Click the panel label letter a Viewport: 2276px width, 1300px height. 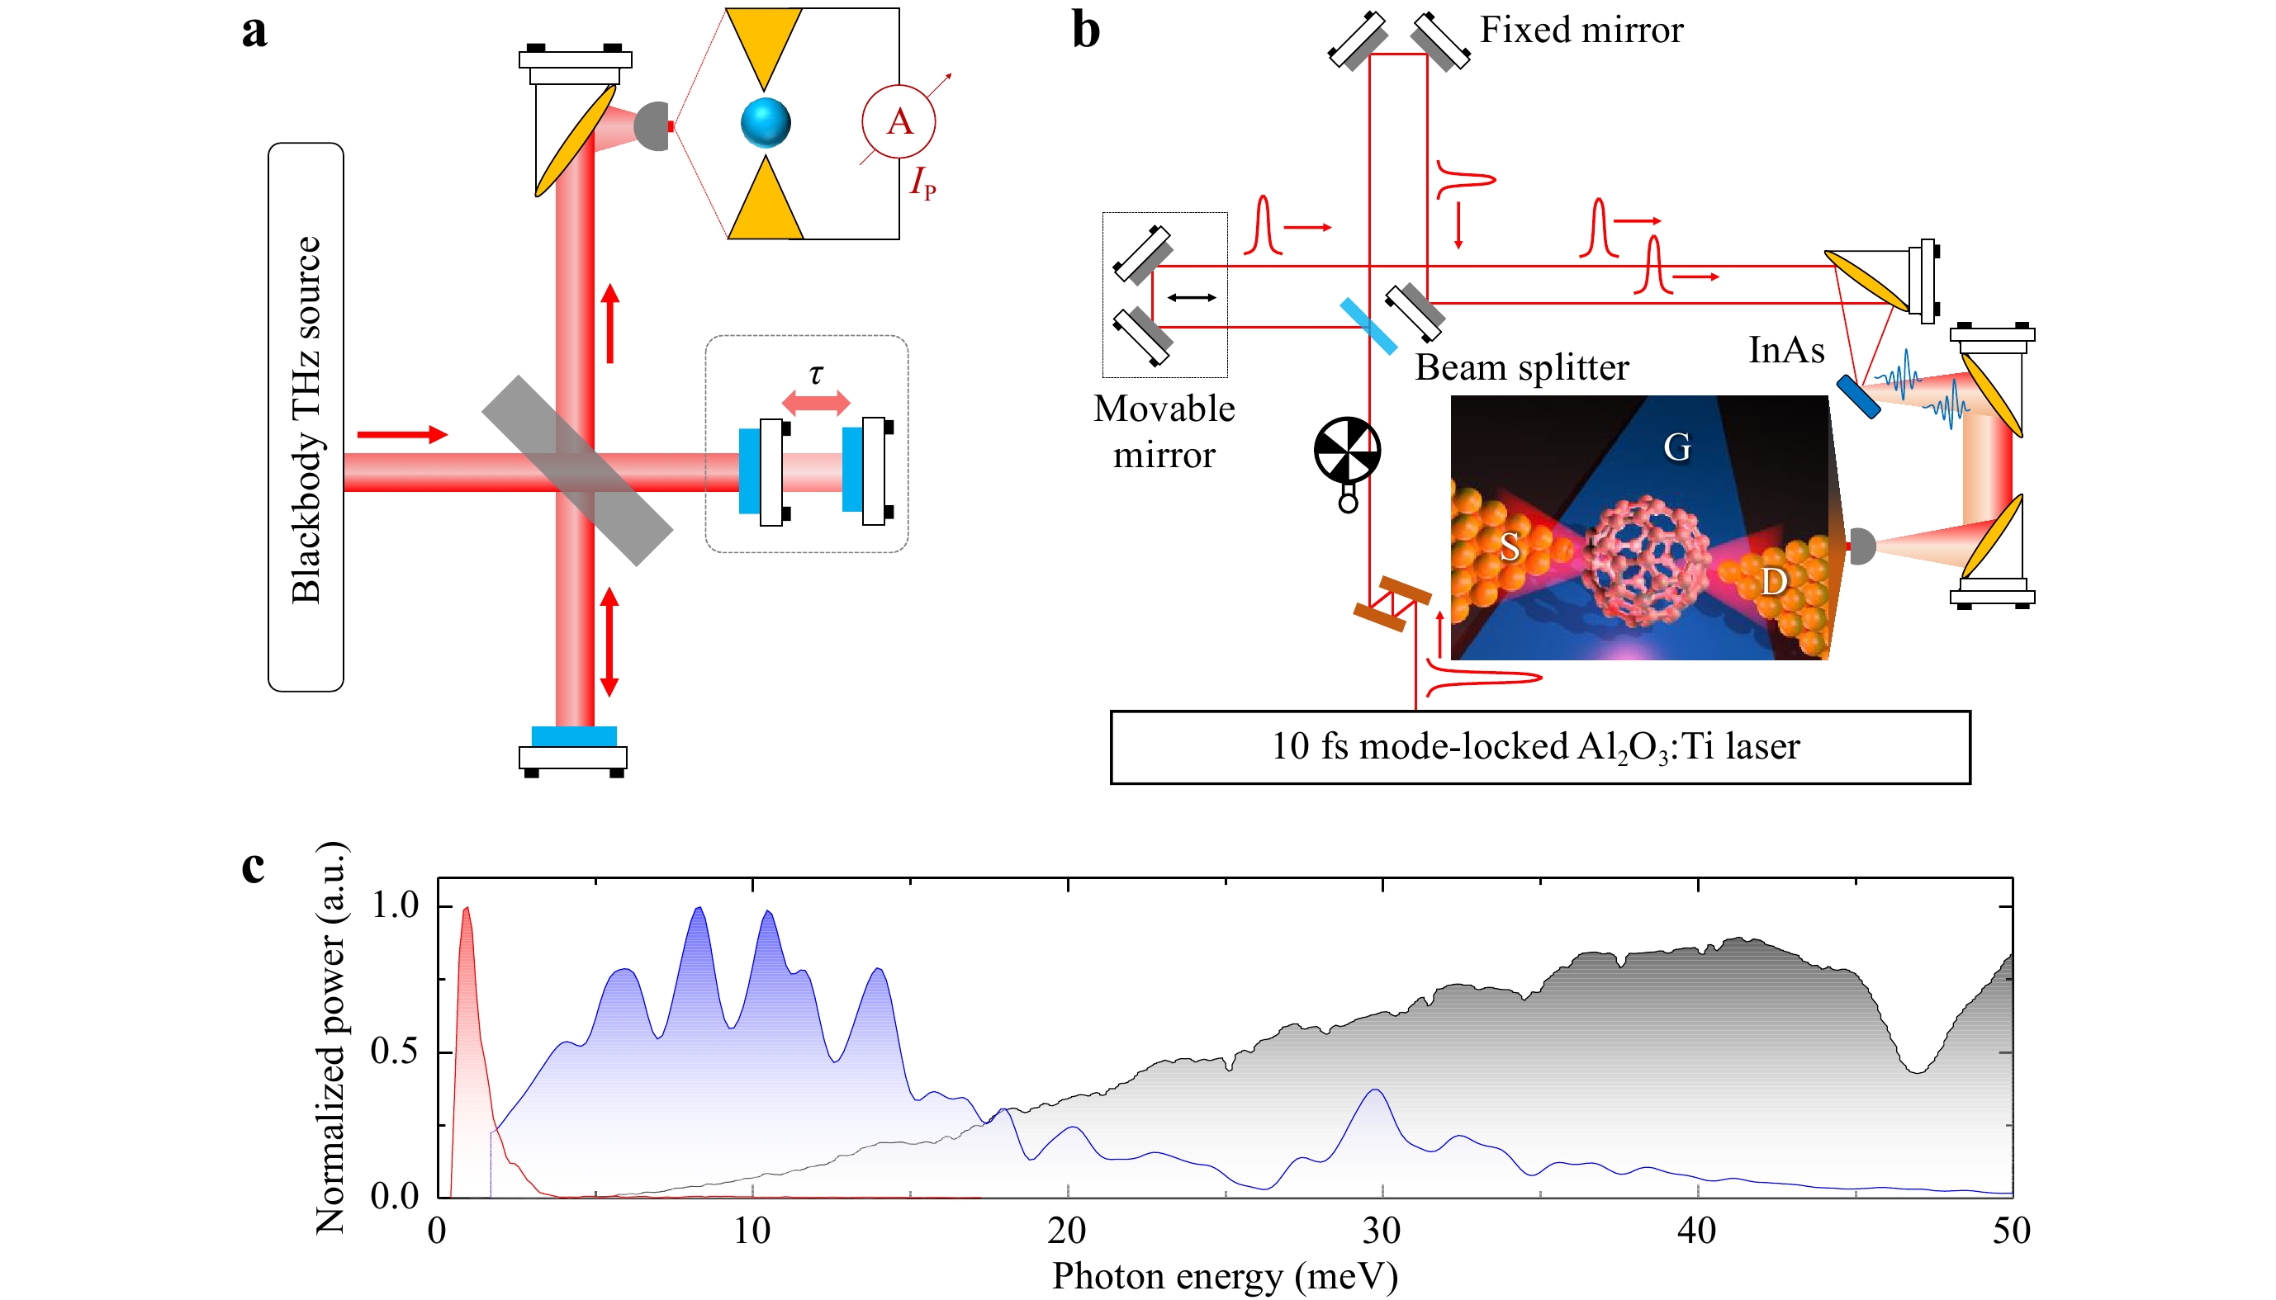pyautogui.click(x=254, y=31)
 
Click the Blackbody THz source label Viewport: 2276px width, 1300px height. pyautogui.click(x=306, y=419)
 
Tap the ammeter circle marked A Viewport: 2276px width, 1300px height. pyautogui.click(x=899, y=122)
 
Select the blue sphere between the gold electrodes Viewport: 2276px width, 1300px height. pyautogui.click(x=766, y=122)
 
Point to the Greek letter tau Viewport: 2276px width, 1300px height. pyautogui.click(x=816, y=374)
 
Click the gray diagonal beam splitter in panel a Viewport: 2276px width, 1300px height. pyautogui.click(x=577, y=470)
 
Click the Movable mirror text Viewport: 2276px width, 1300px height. pyautogui.click(x=1164, y=433)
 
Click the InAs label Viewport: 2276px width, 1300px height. pyautogui.click(x=1786, y=350)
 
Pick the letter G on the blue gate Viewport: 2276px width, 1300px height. pyautogui.click(x=1676, y=447)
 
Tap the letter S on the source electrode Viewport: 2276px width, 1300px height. pyautogui.click(x=1510, y=546)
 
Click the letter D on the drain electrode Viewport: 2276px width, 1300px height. pyautogui.click(x=1774, y=582)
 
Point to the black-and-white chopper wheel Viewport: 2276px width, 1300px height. pyautogui.click(x=1347, y=450)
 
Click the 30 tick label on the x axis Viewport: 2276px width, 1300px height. pyautogui.click(x=1382, y=1231)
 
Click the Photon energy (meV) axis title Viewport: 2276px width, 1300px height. pyautogui.click(x=1225, y=1277)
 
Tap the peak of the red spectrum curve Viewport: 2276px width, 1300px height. pyautogui.click(x=467, y=908)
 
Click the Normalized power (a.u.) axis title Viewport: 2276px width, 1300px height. pyautogui.click(x=330, y=1038)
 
